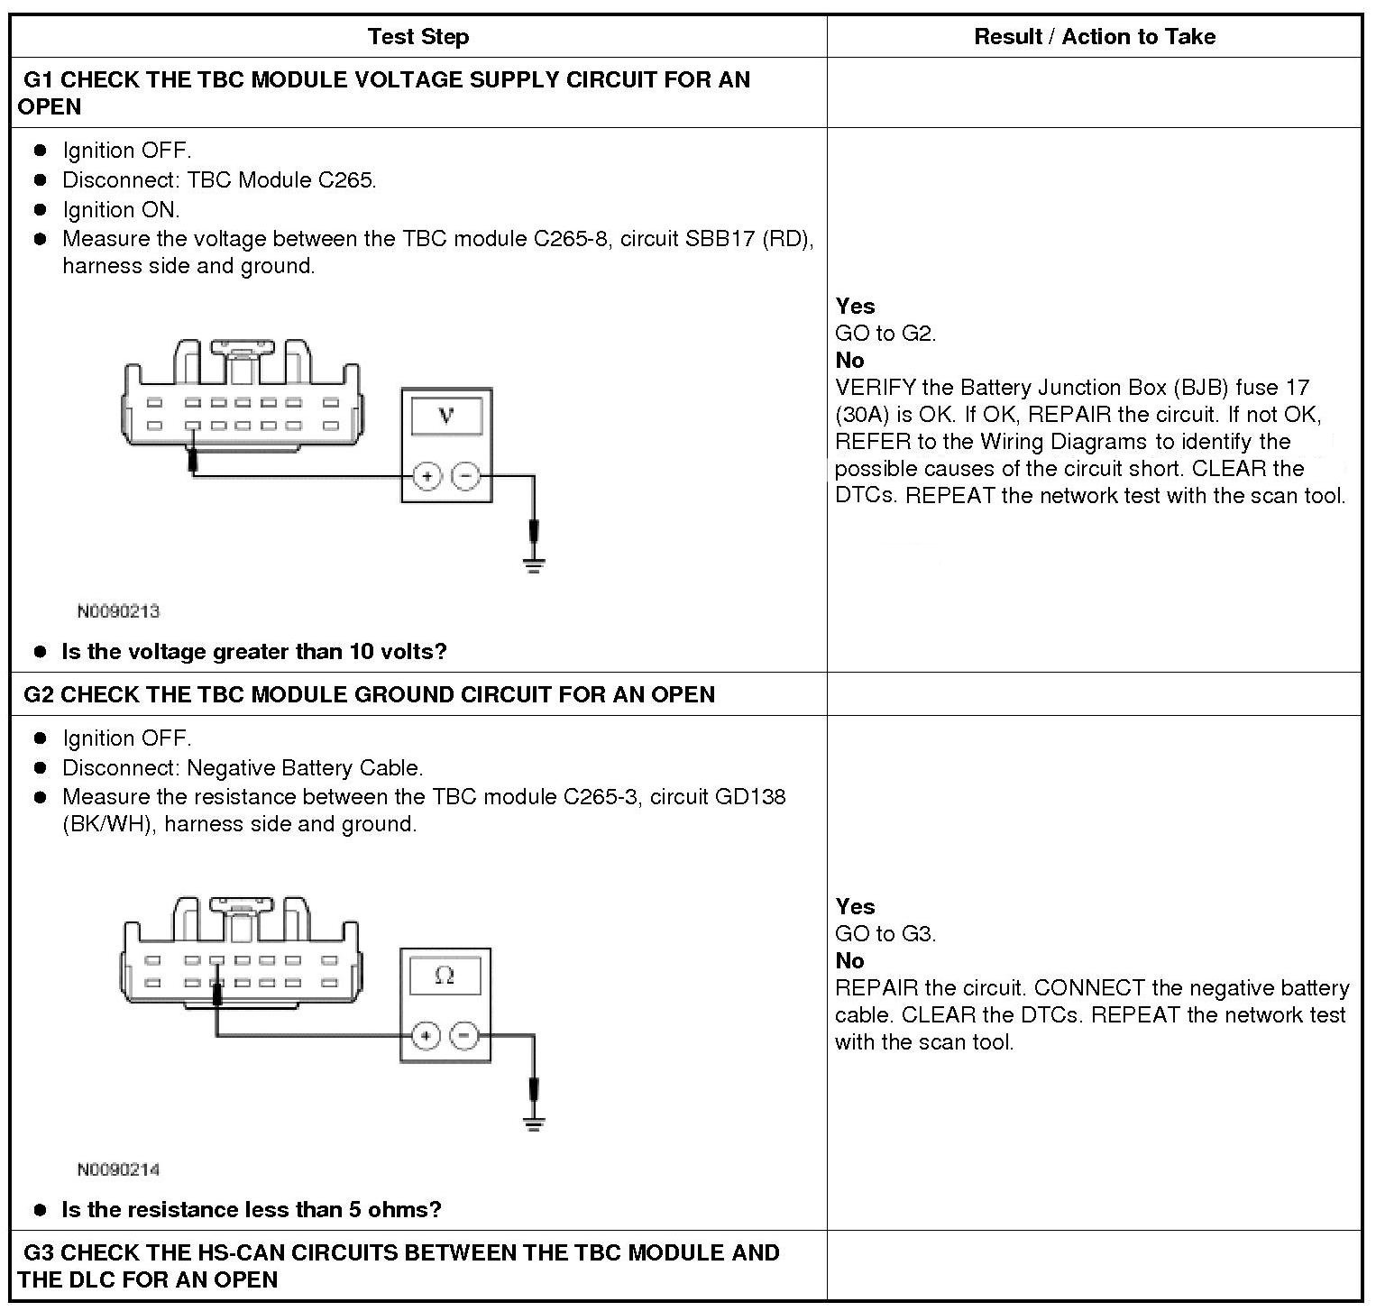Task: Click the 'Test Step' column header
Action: (x=418, y=37)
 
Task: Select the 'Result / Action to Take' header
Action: (x=1094, y=37)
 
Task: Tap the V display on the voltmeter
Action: (x=446, y=416)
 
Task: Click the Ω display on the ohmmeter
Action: (x=445, y=976)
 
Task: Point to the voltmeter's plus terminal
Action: (x=427, y=475)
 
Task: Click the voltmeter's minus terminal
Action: (x=465, y=475)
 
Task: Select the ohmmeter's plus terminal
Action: (x=426, y=1035)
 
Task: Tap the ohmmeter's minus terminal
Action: (x=463, y=1035)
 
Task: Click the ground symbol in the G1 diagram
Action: (x=535, y=566)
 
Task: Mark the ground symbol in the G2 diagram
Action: (x=535, y=1124)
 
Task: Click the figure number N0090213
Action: (x=118, y=611)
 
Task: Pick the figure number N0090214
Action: (x=118, y=1169)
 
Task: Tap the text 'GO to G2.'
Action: (x=885, y=334)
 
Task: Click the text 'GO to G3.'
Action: (x=885, y=934)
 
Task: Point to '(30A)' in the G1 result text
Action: (x=861, y=415)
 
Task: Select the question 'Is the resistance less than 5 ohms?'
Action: (x=252, y=1210)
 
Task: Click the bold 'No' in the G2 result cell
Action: (x=849, y=961)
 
